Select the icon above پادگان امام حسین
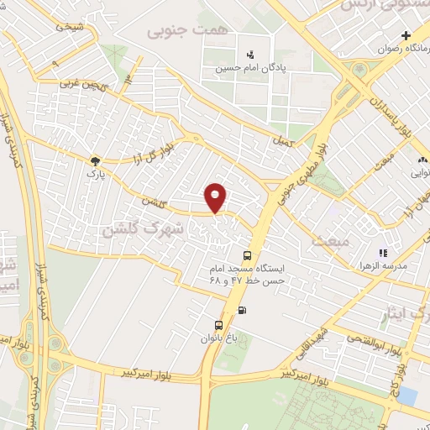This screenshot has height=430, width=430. pyautogui.click(x=249, y=53)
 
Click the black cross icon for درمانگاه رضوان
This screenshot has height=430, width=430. pyautogui.click(x=406, y=35)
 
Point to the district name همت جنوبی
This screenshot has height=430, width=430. pyautogui.click(x=176, y=31)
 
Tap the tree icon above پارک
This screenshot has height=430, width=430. pyautogui.click(x=95, y=160)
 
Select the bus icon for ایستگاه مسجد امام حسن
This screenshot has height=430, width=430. pyautogui.click(x=246, y=255)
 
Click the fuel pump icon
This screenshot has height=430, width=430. pyautogui.click(x=244, y=309)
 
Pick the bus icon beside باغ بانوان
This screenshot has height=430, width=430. pyautogui.click(x=219, y=325)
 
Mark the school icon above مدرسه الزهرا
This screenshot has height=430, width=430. pyautogui.click(x=383, y=252)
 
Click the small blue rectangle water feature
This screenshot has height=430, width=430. pyautogui.click(x=407, y=394)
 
